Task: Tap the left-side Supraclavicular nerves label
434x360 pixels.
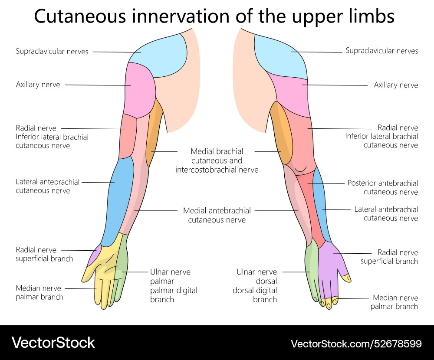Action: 52,52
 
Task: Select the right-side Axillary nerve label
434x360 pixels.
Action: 396,85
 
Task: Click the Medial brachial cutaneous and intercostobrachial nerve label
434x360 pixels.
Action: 217,160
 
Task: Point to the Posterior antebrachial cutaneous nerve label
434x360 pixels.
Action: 382,187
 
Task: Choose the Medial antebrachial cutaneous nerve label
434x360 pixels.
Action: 217,215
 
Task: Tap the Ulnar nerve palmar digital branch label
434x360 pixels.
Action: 173,285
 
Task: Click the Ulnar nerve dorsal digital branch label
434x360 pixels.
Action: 256,285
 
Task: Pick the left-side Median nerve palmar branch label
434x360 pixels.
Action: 39,292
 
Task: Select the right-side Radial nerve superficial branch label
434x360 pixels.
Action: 389,256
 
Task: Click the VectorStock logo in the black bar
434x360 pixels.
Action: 53,343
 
